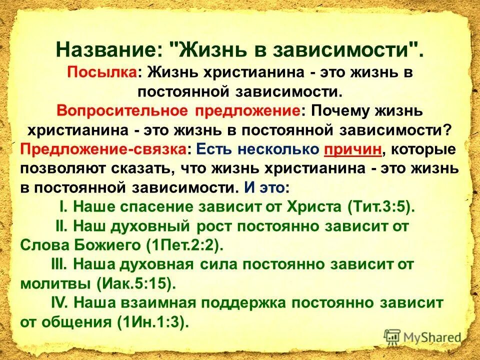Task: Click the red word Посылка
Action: point(103,72)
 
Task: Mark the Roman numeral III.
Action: point(58,264)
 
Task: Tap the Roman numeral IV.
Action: point(59,303)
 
